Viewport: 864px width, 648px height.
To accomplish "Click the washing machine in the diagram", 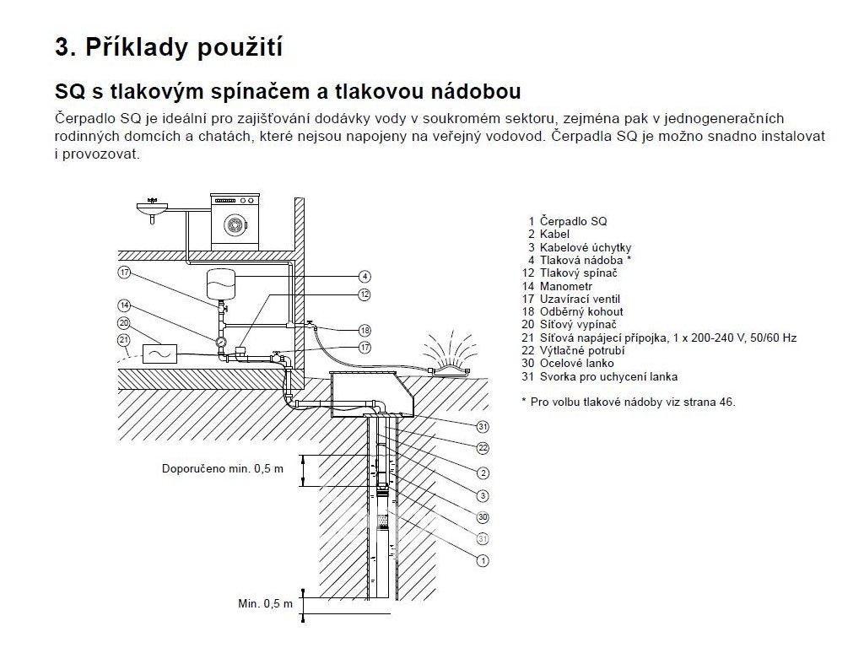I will [x=235, y=222].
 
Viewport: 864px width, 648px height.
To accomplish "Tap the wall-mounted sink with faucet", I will [x=152, y=208].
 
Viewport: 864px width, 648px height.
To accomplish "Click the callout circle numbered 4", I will [x=364, y=276].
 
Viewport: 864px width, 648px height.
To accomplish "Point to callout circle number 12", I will [x=364, y=294].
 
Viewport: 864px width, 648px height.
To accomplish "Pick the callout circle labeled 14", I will [x=125, y=305].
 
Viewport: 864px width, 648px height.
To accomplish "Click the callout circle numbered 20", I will [x=125, y=323].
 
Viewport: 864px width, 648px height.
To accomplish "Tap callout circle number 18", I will [x=364, y=330].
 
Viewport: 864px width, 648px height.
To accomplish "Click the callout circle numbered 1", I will [x=483, y=560].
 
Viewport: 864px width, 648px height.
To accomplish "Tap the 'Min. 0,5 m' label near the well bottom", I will [x=265, y=604].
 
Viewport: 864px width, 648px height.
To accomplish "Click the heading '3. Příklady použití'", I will [x=168, y=46].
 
